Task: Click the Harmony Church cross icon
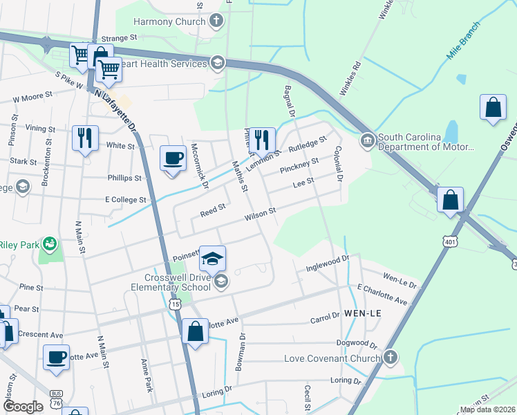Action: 216,21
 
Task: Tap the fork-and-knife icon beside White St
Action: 85,138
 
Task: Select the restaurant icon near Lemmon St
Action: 262,140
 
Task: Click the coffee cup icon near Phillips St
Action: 173,158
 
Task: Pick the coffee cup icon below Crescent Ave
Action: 56,358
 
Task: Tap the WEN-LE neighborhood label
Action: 362,313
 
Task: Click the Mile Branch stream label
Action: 463,48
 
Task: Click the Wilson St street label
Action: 260,214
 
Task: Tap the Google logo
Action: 23,406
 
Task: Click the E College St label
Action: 126,199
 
